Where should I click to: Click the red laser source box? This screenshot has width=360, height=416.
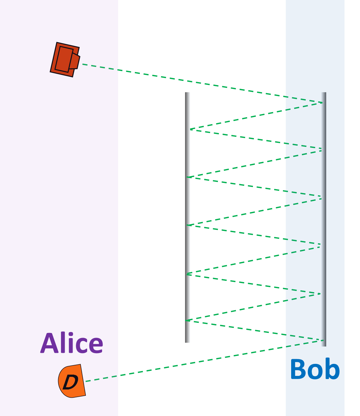tap(64, 59)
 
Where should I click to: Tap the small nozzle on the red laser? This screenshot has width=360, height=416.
tap(75, 61)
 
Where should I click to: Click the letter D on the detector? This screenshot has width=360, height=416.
tap(70, 382)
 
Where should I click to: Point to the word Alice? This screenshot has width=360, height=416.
tap(72, 343)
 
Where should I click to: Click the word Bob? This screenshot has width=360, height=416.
tap(315, 369)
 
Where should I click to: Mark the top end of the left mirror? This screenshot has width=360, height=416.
tap(188, 93)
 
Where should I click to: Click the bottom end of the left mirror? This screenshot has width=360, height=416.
tap(188, 341)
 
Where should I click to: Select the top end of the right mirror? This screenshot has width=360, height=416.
tap(323, 93)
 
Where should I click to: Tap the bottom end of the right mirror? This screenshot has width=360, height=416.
tap(323, 345)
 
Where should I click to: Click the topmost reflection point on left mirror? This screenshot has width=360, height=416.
tap(189, 129)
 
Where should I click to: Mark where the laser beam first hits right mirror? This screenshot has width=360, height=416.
tap(322, 103)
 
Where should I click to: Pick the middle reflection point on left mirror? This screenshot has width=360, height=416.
tap(188, 225)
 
